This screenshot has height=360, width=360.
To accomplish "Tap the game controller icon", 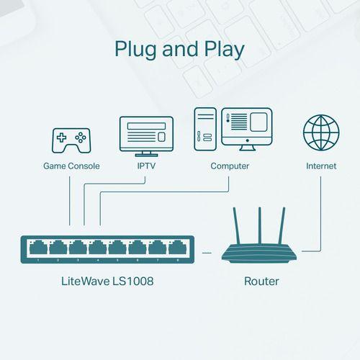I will coord(70,140).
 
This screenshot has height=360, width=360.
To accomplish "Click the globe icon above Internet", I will coord(320,133).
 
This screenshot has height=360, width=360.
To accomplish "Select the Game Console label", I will coord(71,166).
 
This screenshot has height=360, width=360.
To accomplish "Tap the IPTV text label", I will coord(146,166).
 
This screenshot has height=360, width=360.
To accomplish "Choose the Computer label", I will coord(230,166).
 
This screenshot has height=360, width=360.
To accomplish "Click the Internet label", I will coord(320,166).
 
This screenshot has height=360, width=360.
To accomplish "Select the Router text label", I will coord(261,282).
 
